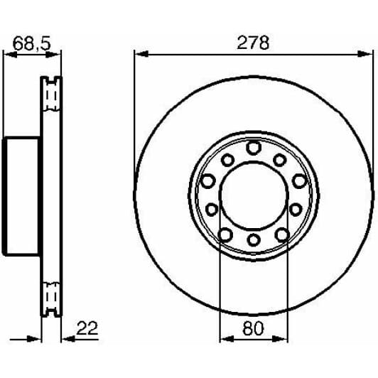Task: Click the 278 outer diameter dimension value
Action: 254,43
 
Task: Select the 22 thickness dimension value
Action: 86,328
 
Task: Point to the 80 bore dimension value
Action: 254,328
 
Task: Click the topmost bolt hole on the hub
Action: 254,147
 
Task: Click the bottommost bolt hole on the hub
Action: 254,244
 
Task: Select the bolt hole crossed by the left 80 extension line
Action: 225,234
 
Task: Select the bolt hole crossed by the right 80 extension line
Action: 282,234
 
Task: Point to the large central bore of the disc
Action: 254,195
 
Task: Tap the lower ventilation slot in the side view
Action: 51,297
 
